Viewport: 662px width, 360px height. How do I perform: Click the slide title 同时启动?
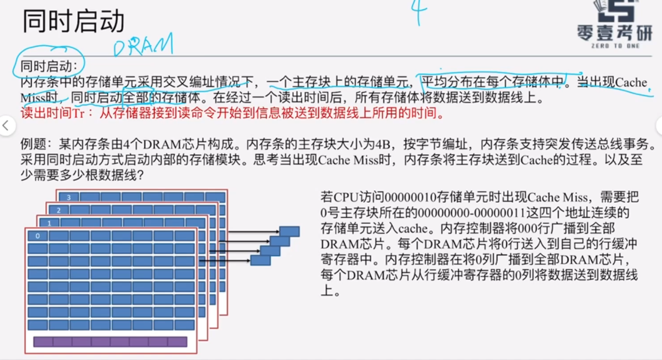[x=73, y=22]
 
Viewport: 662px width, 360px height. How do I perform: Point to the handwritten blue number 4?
[x=418, y=11]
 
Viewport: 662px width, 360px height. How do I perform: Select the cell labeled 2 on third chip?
[x=58, y=210]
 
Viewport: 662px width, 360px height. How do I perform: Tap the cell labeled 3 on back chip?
[x=68, y=197]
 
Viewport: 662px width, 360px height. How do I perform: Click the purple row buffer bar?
[x=110, y=342]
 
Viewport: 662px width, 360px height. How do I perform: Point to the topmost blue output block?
[x=289, y=231]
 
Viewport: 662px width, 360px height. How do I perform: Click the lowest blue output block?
[x=260, y=259]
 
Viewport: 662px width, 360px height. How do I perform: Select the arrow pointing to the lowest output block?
[x=224, y=260]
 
